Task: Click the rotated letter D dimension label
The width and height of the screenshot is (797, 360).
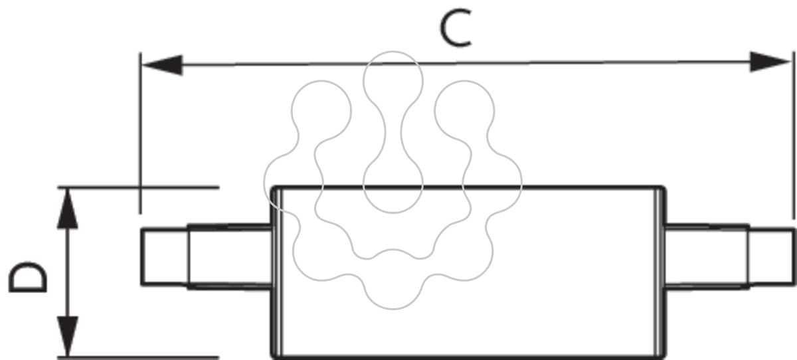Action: [x=28, y=278]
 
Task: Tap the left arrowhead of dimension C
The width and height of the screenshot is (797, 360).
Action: [x=162, y=65]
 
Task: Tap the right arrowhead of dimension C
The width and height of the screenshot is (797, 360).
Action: [x=769, y=62]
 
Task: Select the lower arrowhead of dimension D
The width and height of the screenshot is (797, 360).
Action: [x=68, y=336]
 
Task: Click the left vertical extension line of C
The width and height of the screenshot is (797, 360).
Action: [x=140, y=133]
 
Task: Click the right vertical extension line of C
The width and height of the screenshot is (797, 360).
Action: [x=794, y=135]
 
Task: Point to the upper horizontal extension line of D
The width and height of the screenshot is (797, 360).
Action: [x=138, y=187]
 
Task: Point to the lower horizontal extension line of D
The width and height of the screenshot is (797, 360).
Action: [x=138, y=357]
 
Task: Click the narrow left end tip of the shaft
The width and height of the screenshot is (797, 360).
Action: [x=165, y=257]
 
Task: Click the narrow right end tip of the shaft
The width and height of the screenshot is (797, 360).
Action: [x=771, y=257]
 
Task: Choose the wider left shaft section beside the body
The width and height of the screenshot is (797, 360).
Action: [x=230, y=257]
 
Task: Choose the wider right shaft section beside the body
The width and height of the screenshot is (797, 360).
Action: [x=707, y=257]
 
